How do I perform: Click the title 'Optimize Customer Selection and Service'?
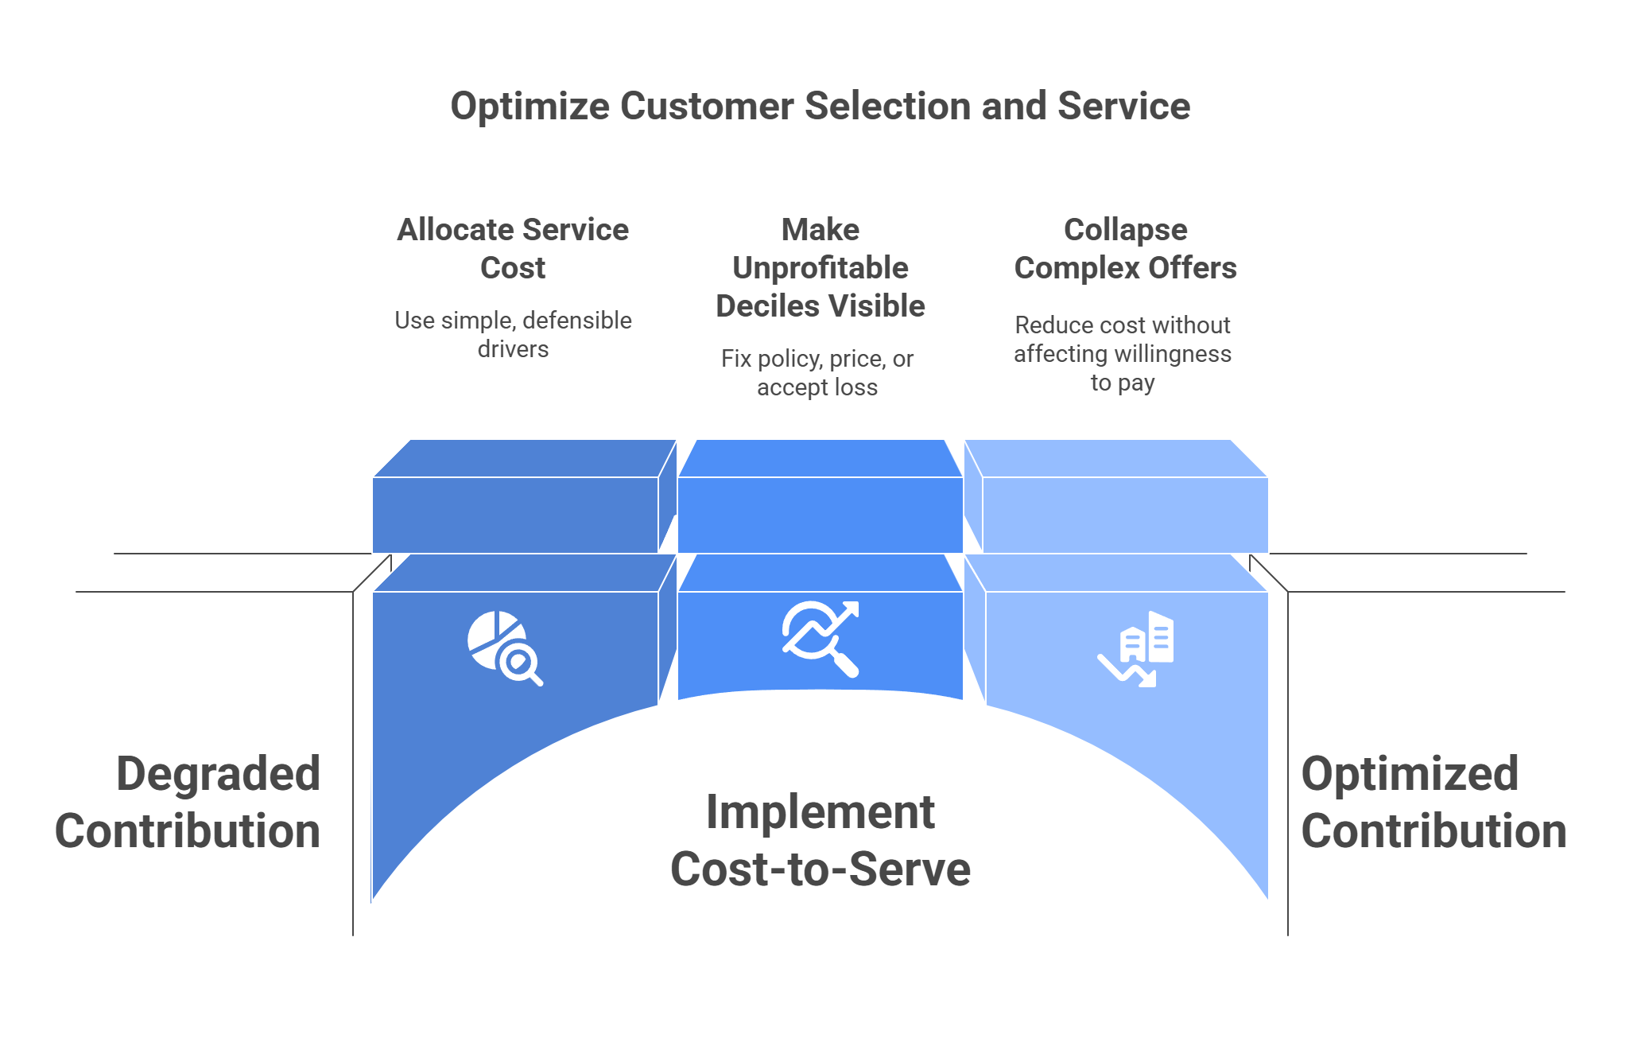[x=820, y=106]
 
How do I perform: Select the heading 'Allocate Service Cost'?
[x=513, y=248]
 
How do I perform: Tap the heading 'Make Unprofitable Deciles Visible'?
[x=820, y=267]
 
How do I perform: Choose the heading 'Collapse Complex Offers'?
[x=1125, y=248]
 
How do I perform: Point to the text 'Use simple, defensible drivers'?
[x=513, y=334]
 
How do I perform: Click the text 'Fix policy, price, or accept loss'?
[x=817, y=372]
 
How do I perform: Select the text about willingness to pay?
[x=1123, y=354]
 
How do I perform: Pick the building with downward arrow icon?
[x=1137, y=648]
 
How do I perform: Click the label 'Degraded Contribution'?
[x=188, y=802]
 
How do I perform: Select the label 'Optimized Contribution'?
[x=1433, y=802]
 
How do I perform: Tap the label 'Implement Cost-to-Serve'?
[x=820, y=840]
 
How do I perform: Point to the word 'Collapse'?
[x=1125, y=230]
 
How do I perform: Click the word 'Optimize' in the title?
[x=530, y=106]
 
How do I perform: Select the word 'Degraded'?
[x=219, y=774]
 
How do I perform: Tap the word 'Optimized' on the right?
[x=1410, y=774]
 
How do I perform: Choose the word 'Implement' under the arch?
[x=820, y=812]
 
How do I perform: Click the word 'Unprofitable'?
[x=820, y=268]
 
